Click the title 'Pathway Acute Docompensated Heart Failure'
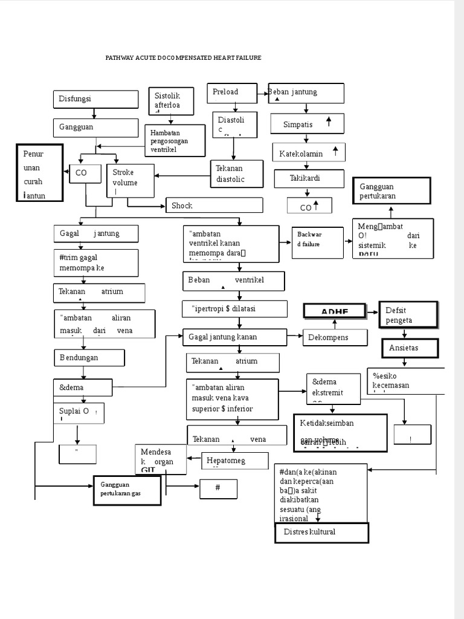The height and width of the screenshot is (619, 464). [183, 58]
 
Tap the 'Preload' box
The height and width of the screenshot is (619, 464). [232, 92]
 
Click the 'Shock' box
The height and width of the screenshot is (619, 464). [214, 206]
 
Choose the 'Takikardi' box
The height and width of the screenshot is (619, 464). [308, 178]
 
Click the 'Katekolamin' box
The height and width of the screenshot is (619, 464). [308, 153]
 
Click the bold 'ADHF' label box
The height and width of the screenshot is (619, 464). [335, 311]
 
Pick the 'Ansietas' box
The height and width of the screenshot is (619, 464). [410, 348]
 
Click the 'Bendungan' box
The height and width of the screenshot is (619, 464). [89, 357]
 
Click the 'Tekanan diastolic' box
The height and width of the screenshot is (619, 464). [236, 173]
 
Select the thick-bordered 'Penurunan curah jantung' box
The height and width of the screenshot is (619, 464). [39, 173]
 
